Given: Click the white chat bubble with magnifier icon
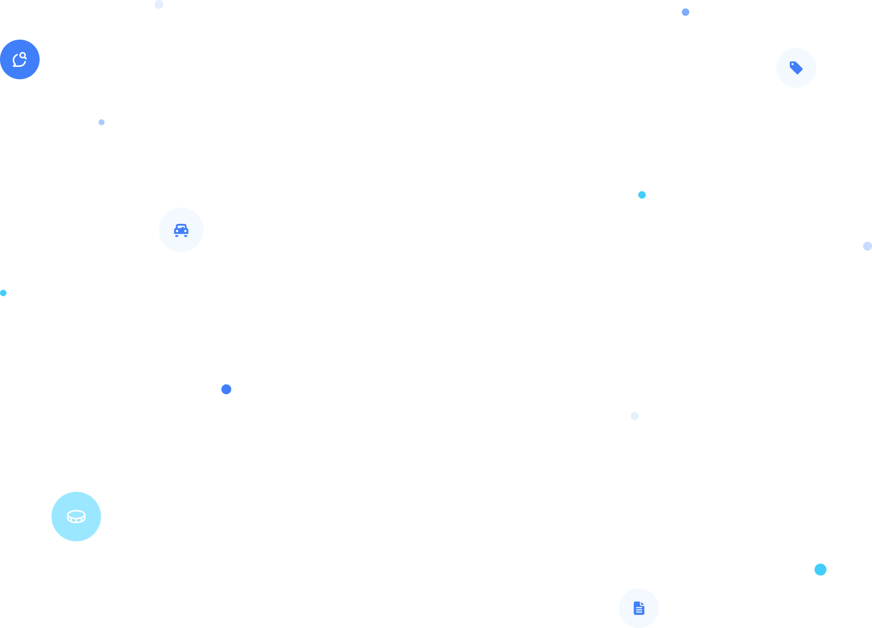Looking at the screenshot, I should [x=19, y=59].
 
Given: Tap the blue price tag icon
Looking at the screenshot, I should [x=796, y=67].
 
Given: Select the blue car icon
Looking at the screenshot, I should [x=181, y=230].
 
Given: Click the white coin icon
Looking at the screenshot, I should [x=76, y=517].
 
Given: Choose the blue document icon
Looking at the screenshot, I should [x=639, y=608].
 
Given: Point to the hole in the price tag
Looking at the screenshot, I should [x=792, y=64].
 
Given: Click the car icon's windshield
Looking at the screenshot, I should [x=181, y=227].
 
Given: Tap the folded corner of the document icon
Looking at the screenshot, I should [x=642, y=604].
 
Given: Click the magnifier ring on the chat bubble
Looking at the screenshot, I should [x=23, y=55].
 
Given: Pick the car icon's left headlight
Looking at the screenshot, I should [x=177, y=231].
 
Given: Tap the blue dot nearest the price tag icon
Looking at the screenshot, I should [x=685, y=12].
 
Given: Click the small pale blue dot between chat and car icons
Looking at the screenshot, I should [x=102, y=122].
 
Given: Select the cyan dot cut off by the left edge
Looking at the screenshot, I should [x=3, y=293].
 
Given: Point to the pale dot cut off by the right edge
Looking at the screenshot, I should [x=868, y=246].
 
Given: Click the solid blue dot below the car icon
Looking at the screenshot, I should [x=226, y=389].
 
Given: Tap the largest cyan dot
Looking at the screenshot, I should [x=821, y=570].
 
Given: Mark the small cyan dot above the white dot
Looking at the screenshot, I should [x=642, y=195].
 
